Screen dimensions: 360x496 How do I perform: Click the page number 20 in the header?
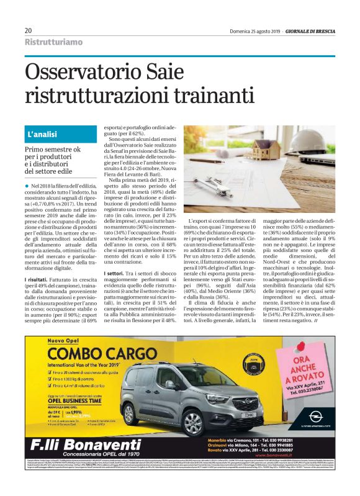[x=29, y=30]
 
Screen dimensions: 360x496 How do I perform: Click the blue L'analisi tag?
[x=42, y=133]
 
